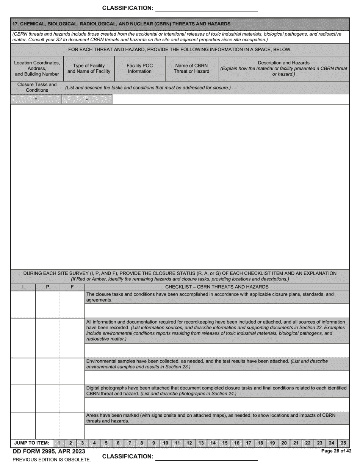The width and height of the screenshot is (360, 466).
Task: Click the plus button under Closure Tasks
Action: pyautogui.click(x=36, y=99)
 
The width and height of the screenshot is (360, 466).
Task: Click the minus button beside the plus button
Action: pyautogui.click(x=87, y=99)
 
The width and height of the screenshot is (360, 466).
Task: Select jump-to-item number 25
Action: pyautogui.click(x=343, y=443)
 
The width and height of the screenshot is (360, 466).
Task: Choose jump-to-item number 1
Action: pyautogui.click(x=59, y=443)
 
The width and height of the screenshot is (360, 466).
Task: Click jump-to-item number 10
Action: pyautogui.click(x=166, y=443)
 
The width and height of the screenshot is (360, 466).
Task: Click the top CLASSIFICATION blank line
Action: pyautogui.click(x=207, y=8)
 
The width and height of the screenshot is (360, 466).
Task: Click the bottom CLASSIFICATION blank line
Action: pyautogui.click(x=207, y=457)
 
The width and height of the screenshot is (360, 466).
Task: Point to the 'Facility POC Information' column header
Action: pyautogui.click(x=139, y=69)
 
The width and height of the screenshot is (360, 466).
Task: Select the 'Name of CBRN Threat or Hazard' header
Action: pyautogui.click(x=191, y=69)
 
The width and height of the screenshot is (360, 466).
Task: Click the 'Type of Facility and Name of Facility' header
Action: pyautogui.click(x=89, y=69)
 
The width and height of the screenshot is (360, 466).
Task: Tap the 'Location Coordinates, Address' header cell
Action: pyautogui.click(x=37, y=69)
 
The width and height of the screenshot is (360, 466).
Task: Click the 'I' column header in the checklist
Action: pyautogui.click(x=23, y=287)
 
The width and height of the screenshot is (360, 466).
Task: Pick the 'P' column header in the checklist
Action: pyautogui.click(x=47, y=287)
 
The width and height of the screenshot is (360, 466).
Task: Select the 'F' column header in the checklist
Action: pyautogui.click(x=72, y=287)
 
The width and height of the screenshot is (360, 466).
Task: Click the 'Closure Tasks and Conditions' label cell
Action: pyautogui.click(x=37, y=88)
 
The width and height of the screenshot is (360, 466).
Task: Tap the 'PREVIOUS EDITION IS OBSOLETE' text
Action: pyautogui.click(x=52, y=460)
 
